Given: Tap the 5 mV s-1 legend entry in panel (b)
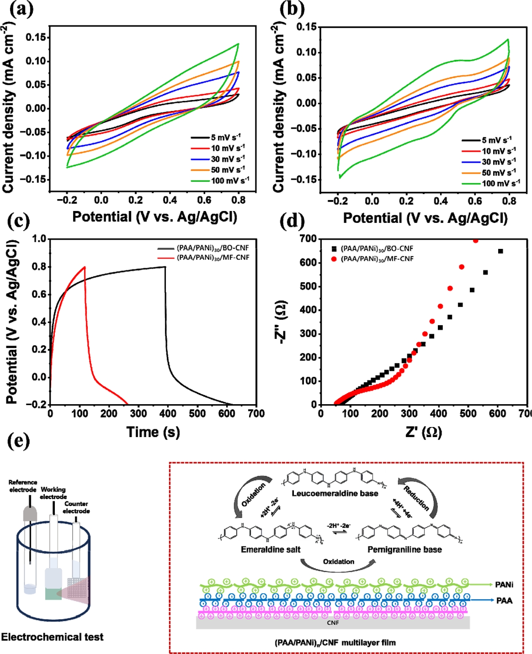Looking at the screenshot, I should pyautogui.click(x=497, y=140).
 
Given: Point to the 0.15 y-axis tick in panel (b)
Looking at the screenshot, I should pyautogui.click(x=307, y=27).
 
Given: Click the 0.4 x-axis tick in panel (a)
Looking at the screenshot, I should pyautogui.click(x=170, y=200).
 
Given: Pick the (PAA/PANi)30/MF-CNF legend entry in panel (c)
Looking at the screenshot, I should pyautogui.click(x=213, y=257).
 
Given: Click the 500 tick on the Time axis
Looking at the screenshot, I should pyautogui.click(x=197, y=413).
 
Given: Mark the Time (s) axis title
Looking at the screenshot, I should pyautogui.click(x=153, y=432).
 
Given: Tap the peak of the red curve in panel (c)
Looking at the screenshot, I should pyautogui.click(x=85, y=267).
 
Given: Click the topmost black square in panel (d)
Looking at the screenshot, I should pyautogui.click(x=500, y=251).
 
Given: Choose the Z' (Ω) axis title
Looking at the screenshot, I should pyautogui.click(x=423, y=432).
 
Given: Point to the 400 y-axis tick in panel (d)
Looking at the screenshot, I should pyautogui.click(x=308, y=310).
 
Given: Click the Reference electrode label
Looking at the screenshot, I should pyautogui.click(x=23, y=486).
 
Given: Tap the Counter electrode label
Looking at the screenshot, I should pyautogui.click(x=76, y=507).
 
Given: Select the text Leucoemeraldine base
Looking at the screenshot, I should pyautogui.click(x=335, y=493).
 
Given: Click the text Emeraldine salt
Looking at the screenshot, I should pyautogui.click(x=271, y=549).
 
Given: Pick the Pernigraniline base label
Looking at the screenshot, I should pyautogui.click(x=404, y=549).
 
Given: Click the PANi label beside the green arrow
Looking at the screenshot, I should pyautogui.click(x=504, y=585).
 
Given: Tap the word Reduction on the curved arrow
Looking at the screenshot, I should pyautogui.click(x=416, y=498).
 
